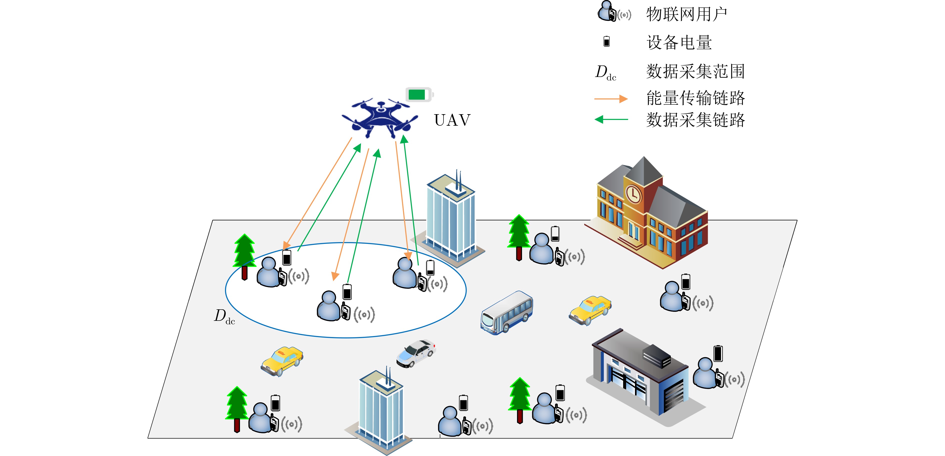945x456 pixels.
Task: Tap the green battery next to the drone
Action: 418,94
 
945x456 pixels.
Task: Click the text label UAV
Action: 452,120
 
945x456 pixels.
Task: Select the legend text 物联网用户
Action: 686,15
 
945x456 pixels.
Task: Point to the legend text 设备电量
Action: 679,42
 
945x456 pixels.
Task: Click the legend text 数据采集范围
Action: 695,71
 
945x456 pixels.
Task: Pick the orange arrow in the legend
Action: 611,99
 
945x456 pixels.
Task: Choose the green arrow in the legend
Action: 611,119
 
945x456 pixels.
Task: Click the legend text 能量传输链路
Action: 695,98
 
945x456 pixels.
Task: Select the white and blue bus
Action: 506,312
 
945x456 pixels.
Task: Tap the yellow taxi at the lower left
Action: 282,361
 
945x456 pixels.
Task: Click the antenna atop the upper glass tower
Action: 458,180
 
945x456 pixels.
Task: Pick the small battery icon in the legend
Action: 606,41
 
